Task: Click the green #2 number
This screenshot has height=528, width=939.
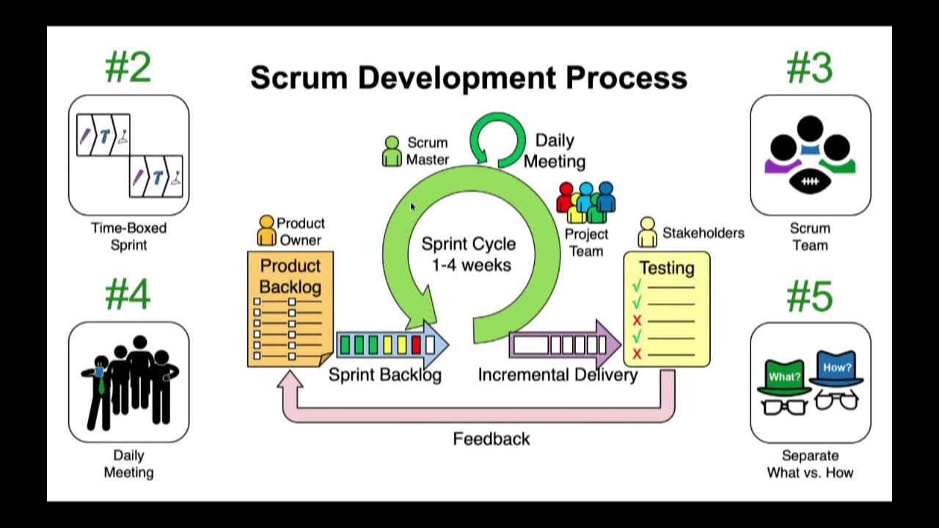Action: (128, 67)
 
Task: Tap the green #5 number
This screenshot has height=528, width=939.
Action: (810, 296)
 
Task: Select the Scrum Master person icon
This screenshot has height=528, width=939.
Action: (392, 151)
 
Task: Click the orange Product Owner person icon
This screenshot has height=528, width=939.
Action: (266, 230)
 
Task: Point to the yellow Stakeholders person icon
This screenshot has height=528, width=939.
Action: (647, 232)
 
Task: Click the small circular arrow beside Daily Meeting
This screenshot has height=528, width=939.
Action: (497, 139)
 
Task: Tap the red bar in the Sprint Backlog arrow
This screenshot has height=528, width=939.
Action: (416, 345)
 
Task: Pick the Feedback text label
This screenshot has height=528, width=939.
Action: (491, 439)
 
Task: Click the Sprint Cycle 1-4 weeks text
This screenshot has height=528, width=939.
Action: (469, 254)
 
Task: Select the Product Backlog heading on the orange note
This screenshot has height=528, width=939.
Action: (291, 276)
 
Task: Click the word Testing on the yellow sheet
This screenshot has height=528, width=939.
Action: (666, 268)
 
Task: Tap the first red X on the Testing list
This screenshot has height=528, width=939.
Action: (637, 320)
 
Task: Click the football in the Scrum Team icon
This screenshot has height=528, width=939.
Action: (810, 181)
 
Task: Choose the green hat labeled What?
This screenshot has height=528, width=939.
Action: (784, 376)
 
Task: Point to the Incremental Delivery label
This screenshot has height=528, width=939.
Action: (558, 375)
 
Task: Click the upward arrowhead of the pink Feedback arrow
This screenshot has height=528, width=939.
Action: (291, 380)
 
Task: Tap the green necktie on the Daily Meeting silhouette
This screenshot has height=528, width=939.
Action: (101, 381)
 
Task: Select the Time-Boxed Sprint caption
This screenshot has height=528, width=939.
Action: (128, 236)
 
